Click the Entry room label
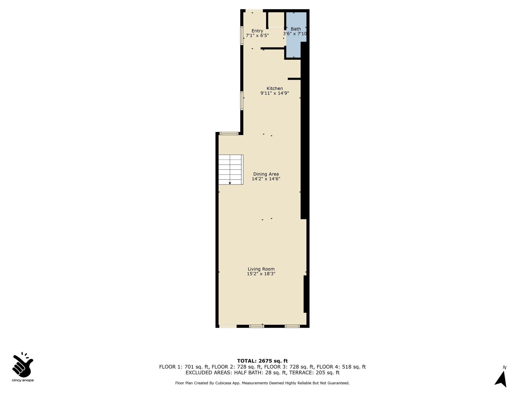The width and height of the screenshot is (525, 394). [x=257, y=31]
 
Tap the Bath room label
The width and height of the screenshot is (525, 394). [x=296, y=29]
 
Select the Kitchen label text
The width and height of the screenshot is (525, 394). [x=275, y=88]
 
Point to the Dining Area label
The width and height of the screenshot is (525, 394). [x=266, y=174]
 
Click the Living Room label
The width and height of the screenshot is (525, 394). [x=261, y=269]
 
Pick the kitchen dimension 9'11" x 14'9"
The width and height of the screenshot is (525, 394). [x=275, y=93]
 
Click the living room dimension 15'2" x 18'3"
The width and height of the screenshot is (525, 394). [x=261, y=274]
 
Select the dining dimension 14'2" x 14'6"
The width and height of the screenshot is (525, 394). [x=266, y=179]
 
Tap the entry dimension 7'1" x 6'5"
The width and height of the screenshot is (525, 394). [x=257, y=36]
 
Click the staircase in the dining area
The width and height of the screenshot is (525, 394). [x=230, y=170]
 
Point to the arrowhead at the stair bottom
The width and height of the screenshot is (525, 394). [x=230, y=183]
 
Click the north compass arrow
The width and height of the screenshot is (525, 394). [x=501, y=378]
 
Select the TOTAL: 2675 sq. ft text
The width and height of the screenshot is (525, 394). [x=262, y=361]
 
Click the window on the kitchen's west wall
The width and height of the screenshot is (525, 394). [x=242, y=101]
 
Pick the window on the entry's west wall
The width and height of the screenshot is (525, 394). [x=242, y=36]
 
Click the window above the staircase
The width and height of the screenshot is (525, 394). [x=229, y=133]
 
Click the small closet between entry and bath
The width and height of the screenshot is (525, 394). [x=276, y=20]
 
